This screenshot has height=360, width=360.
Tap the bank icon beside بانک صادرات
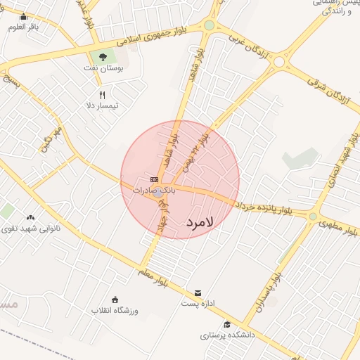coord(154,180)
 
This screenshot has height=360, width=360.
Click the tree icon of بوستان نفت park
coord(103,57)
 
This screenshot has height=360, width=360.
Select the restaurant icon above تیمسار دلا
coord(103,94)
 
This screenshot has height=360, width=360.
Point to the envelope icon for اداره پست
coord(198,292)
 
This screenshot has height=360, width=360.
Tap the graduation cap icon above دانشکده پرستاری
coord(226,324)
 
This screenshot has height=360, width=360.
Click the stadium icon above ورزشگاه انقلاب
coord(115,299)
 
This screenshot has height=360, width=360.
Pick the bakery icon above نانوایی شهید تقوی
coord(30,217)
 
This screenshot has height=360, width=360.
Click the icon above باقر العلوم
coord(23,17)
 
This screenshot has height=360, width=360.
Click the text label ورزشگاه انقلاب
coord(115,310)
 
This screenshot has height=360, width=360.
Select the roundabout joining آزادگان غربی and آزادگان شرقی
coord(279,62)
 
